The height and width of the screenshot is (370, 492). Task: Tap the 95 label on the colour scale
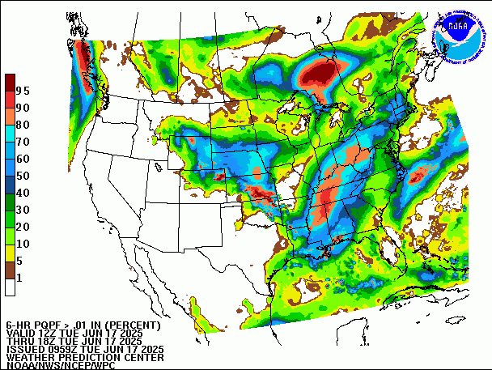tap(23, 90)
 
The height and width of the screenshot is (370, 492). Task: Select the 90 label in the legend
tap(23, 107)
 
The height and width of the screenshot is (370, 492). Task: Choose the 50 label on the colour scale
tap(23, 175)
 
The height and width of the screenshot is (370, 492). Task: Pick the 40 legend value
tap(23, 192)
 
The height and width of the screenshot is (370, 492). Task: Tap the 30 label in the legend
tap(23, 209)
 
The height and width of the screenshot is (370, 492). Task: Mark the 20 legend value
tap(23, 226)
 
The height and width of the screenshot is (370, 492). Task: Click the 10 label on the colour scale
tap(23, 243)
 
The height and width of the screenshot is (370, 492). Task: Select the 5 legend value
tap(19, 260)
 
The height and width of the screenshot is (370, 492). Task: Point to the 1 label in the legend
tap(19, 278)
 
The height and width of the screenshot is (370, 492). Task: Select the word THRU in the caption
tap(20, 341)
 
